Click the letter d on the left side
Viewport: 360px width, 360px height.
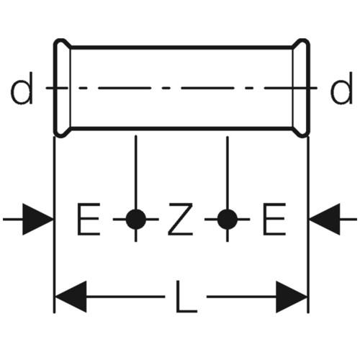coord(22,89)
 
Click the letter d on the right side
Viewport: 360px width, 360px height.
coord(341,89)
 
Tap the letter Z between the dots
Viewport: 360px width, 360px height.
coord(181,219)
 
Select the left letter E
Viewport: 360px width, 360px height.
coord(88,219)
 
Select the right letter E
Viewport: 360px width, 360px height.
coord(274,219)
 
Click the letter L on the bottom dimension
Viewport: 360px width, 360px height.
coord(186,297)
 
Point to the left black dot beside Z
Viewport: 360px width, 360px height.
coord(136,219)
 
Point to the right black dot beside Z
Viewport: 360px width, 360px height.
coord(228,219)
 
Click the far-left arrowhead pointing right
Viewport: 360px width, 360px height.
coord(37,219)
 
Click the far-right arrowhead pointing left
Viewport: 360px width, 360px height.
coord(325,219)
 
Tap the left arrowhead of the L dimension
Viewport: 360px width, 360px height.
coord(71,297)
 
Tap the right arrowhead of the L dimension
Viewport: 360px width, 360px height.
coord(292,297)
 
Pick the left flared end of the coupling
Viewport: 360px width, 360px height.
coord(62,88)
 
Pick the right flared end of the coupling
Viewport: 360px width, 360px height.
coord(301,88)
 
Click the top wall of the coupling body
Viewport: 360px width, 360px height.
coord(181,48)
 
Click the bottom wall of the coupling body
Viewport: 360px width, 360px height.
coord(181,129)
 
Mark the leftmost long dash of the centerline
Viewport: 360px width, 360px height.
coord(125,89)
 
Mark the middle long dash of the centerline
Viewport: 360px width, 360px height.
coord(207,89)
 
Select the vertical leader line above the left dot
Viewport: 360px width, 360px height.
coord(136,172)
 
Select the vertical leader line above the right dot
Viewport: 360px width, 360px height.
coord(228,173)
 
